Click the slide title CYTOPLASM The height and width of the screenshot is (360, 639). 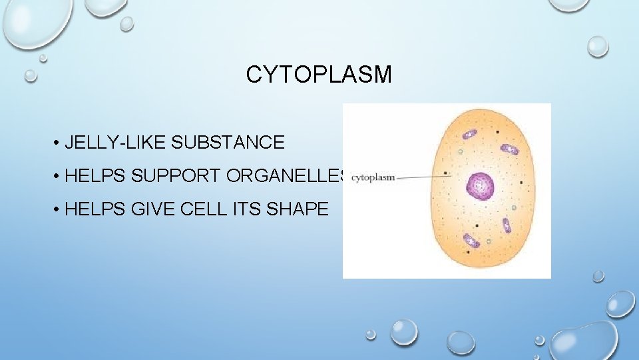[x=319, y=75]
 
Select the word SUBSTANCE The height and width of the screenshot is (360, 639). [x=228, y=142]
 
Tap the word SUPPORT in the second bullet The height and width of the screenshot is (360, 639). [x=176, y=176]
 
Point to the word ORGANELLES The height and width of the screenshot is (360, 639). [x=286, y=176]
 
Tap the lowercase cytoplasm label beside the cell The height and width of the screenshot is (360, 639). [x=373, y=177]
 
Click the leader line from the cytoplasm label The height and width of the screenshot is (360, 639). [x=423, y=177]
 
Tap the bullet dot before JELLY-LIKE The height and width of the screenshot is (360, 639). [x=59, y=143]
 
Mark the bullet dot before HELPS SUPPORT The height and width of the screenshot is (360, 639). [x=59, y=177]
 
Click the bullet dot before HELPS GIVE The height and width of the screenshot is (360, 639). [x=59, y=210]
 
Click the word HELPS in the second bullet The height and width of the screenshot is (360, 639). [x=96, y=176]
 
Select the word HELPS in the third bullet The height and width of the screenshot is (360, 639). [x=96, y=209]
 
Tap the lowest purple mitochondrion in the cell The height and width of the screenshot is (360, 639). [x=472, y=240]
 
